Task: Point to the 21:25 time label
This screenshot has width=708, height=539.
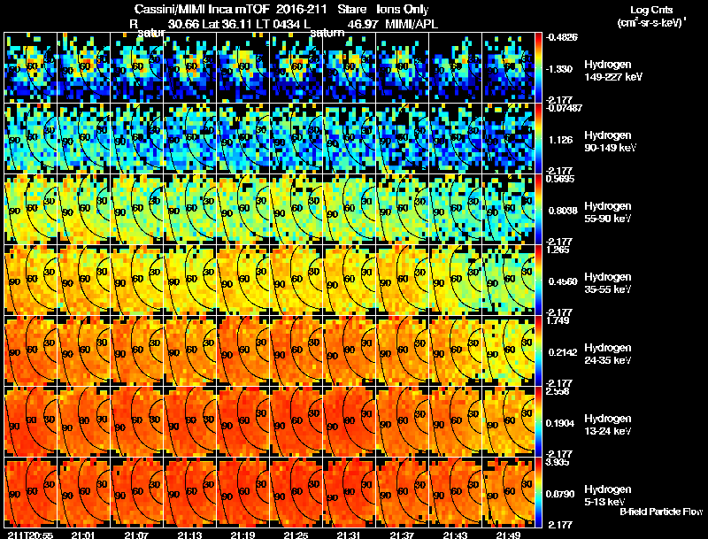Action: click(296, 535)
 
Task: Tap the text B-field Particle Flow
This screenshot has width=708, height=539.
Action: click(660, 512)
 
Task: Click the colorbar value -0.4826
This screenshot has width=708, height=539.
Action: click(563, 37)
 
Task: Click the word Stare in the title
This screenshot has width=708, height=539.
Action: click(352, 10)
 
